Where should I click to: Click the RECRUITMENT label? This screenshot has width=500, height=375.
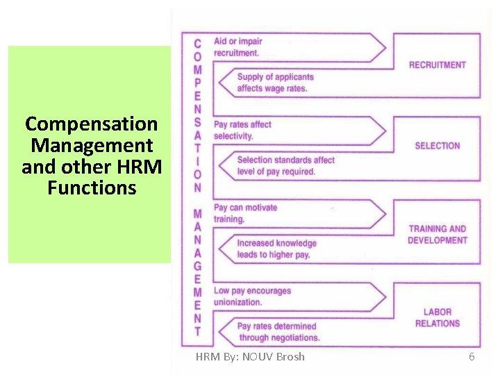click(x=437, y=65)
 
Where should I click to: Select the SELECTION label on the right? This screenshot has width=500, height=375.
click(x=437, y=146)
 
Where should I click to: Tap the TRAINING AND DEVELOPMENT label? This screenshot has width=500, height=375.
click(x=437, y=235)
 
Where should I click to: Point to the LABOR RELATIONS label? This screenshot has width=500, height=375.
click(x=437, y=318)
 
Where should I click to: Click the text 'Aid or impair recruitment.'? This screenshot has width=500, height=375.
click(x=237, y=47)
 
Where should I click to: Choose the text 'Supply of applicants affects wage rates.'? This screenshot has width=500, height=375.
click(x=275, y=83)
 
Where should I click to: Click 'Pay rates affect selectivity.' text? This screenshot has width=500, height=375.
click(x=242, y=131)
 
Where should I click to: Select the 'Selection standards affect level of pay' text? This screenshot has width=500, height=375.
click(x=285, y=166)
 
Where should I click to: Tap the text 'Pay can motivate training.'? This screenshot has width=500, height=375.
click(x=245, y=213)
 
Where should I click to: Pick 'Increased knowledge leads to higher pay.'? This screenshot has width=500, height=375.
click(x=276, y=249)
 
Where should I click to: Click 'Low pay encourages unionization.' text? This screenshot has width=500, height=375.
click(x=251, y=297)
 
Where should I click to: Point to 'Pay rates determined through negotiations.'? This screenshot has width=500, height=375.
click(x=278, y=332)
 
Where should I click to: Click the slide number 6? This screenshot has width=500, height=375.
click(x=472, y=357)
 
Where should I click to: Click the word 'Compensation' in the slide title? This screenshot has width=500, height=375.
click(x=91, y=124)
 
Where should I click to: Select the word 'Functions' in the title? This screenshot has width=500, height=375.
click(x=92, y=187)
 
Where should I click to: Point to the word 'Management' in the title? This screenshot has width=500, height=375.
click(x=92, y=146)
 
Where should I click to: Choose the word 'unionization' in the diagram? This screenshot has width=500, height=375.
click(x=237, y=302)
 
